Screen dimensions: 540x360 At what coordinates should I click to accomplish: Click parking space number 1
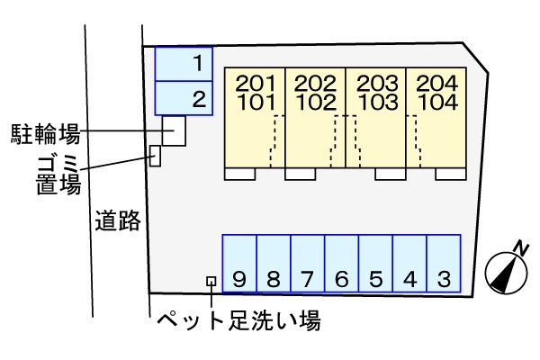[184, 64]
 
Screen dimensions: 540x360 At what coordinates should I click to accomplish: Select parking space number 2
[184, 98]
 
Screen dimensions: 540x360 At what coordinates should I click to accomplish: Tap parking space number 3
[444, 264]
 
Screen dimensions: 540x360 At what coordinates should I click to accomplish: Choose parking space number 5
[375, 264]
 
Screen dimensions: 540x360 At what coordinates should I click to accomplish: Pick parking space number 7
[308, 264]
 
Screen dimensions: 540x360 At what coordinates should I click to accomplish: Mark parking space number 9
[239, 264]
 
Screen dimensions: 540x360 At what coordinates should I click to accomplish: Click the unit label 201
[256, 84]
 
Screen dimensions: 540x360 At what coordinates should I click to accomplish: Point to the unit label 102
[316, 103]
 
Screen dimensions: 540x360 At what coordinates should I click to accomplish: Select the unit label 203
[377, 84]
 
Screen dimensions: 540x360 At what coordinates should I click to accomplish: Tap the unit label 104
[438, 103]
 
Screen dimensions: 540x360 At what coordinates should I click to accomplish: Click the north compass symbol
[506, 274]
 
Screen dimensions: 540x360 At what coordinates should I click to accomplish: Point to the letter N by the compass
[521, 248]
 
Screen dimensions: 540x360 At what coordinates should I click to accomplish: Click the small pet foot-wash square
[211, 282]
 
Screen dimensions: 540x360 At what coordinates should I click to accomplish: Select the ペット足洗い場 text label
[239, 321]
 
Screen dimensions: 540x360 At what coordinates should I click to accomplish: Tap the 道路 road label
[118, 220]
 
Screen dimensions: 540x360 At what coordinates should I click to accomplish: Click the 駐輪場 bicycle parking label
[46, 134]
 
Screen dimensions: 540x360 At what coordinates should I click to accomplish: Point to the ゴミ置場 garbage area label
[58, 175]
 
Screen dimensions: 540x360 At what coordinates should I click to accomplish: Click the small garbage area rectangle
[155, 156]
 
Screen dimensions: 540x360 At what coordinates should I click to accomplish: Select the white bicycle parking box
[175, 130]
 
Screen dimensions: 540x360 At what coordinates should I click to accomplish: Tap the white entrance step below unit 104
[451, 174]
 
